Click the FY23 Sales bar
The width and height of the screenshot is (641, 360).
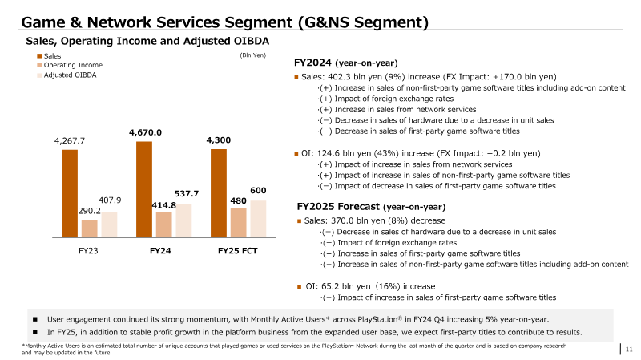tap(70, 193)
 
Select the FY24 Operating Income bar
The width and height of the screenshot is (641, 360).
tap(164, 224)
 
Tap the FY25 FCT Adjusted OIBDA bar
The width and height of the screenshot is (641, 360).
tap(258, 219)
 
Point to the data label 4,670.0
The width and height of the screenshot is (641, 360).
tap(146, 132)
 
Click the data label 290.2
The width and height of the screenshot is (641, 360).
tap(90, 211)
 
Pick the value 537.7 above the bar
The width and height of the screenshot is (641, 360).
tap(187, 193)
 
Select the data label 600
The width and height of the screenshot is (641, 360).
tap(258, 190)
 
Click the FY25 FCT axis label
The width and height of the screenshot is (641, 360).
tap(237, 251)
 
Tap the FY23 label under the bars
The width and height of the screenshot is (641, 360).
tap(88, 251)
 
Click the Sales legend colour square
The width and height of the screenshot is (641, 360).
tap(39, 56)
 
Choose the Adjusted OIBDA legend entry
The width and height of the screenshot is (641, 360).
tap(70, 75)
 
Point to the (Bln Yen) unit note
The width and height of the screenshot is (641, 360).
tap(252, 55)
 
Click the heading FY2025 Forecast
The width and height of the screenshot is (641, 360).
tap(338, 207)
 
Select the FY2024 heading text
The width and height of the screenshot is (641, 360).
tap(312, 63)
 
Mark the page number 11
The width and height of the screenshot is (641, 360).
tap(629, 350)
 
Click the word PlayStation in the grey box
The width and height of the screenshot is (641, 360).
tap(377, 319)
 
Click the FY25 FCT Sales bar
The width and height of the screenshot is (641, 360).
tap(219, 193)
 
